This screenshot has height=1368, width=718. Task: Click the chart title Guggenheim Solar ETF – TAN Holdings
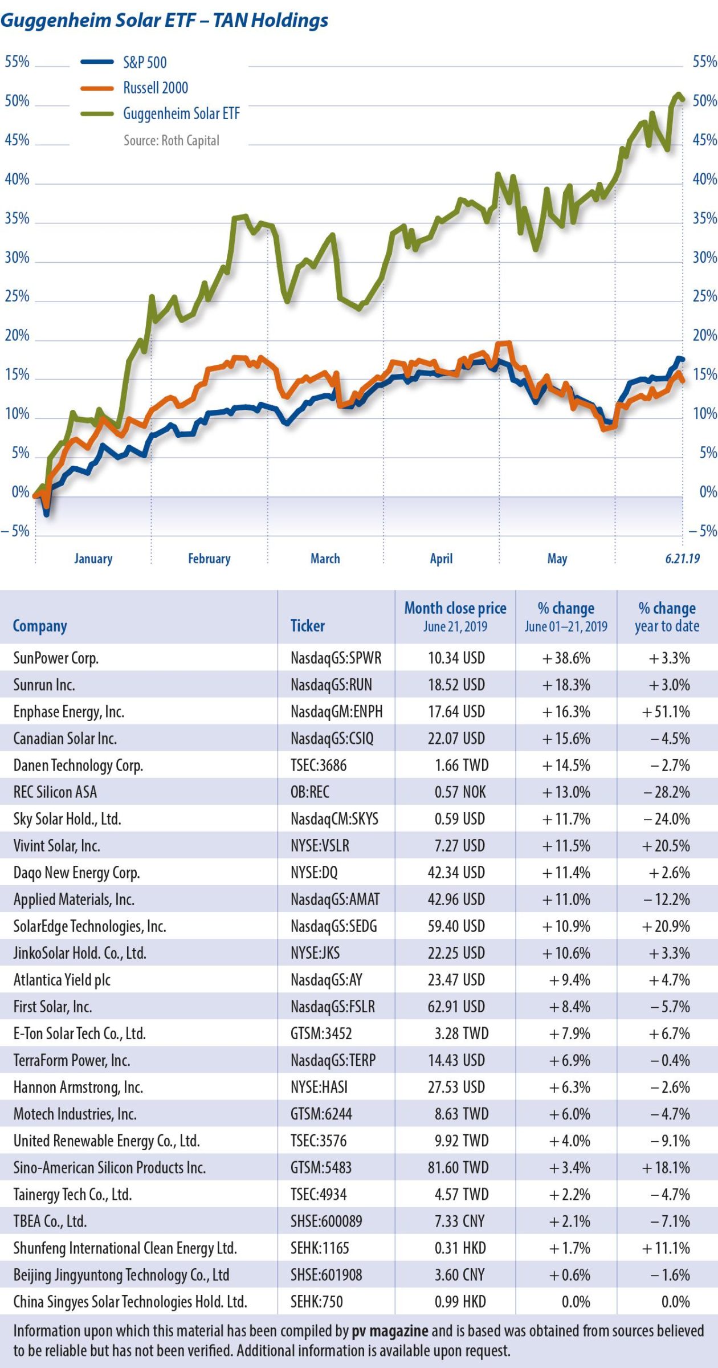164,21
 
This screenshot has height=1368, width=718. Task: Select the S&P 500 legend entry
145,62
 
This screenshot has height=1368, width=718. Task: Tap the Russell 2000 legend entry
155,88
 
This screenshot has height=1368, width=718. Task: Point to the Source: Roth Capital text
171,140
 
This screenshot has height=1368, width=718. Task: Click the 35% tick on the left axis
17,218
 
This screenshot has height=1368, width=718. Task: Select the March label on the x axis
325,559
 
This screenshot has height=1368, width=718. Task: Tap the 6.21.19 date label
682,559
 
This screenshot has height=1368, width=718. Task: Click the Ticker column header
308,626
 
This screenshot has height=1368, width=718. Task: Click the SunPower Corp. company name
56,658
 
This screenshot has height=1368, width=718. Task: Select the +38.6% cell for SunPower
566,658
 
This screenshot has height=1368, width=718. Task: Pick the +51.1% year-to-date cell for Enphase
666,712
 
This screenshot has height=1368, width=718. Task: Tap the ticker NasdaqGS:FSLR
333,1007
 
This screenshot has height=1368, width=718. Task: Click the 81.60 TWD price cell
458,1168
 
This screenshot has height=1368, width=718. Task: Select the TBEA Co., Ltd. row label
50,1222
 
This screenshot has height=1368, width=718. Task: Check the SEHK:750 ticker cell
317,1302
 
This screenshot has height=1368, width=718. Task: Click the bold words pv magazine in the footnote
390,1331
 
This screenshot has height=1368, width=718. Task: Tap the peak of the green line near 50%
678,95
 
